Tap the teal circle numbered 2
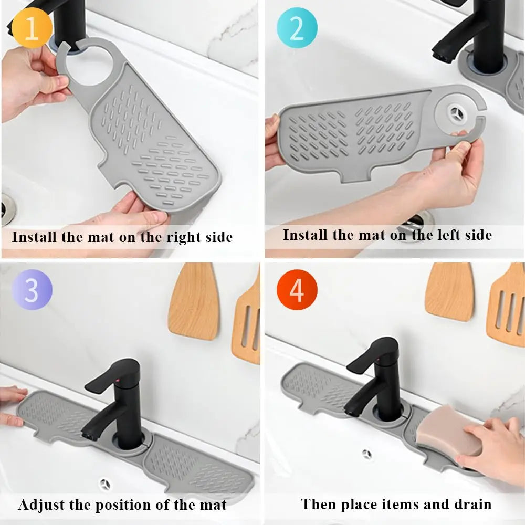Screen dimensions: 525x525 click(297, 28)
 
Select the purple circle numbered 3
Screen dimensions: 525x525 click(31, 289)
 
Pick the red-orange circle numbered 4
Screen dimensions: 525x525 click(297, 290)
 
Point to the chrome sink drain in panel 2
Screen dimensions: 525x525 click(415, 221)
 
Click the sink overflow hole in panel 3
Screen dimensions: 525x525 click(104, 482)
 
